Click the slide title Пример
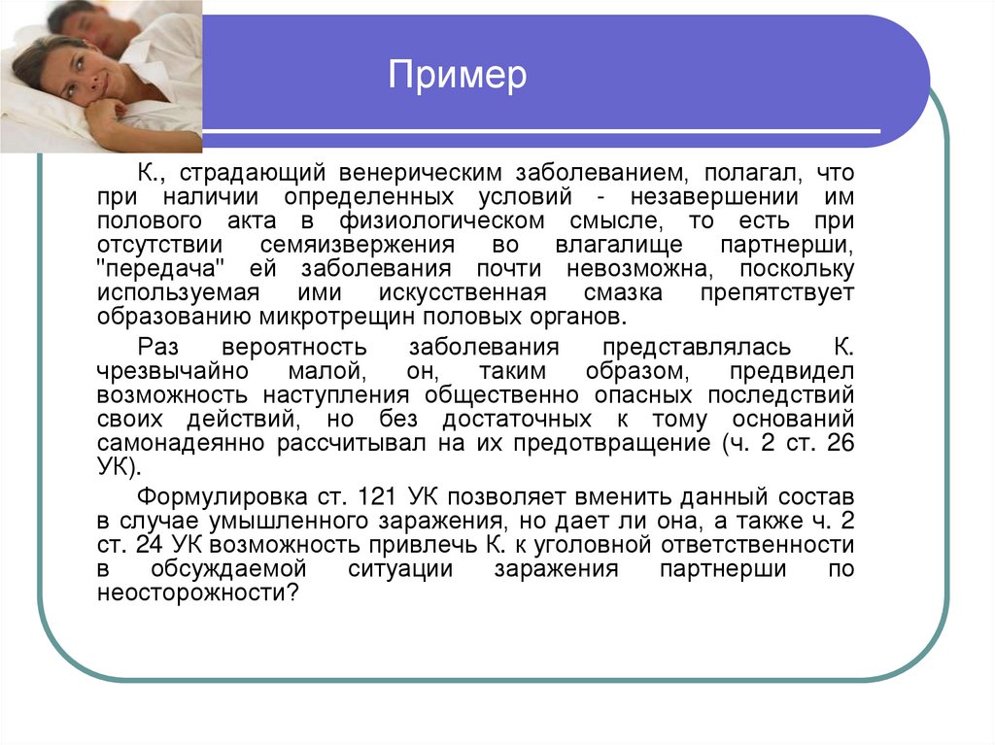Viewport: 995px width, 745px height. pyautogui.click(x=457, y=75)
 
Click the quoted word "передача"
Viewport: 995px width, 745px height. pyautogui.click(x=155, y=269)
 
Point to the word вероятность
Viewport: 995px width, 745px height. pyautogui.click(x=292, y=348)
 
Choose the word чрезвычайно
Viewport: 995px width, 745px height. pyautogui.click(x=172, y=372)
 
